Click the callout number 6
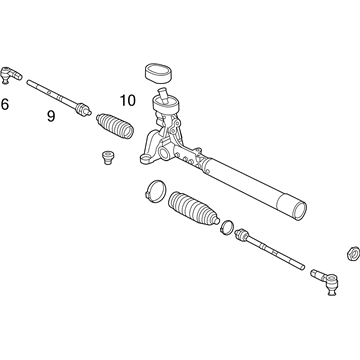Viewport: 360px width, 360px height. click(5, 104)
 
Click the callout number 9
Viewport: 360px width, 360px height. click(51, 116)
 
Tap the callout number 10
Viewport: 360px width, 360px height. click(128, 100)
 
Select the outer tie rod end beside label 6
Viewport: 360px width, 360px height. click(11, 75)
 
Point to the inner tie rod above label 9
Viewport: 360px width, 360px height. click(59, 98)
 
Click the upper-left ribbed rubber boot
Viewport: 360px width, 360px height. click(115, 126)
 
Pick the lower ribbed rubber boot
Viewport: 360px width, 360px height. click(194, 210)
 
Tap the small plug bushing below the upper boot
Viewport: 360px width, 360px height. click(107, 158)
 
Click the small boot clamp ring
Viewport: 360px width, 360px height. click(227, 228)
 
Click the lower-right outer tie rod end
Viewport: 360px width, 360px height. click(325, 280)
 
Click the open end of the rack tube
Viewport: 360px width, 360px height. click(299, 211)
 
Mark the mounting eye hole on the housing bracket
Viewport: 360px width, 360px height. click(145, 159)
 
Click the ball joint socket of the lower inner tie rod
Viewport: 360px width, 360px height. click(241, 234)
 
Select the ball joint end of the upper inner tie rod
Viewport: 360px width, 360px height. click(83, 109)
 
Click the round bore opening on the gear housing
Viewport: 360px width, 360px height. click(164, 153)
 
